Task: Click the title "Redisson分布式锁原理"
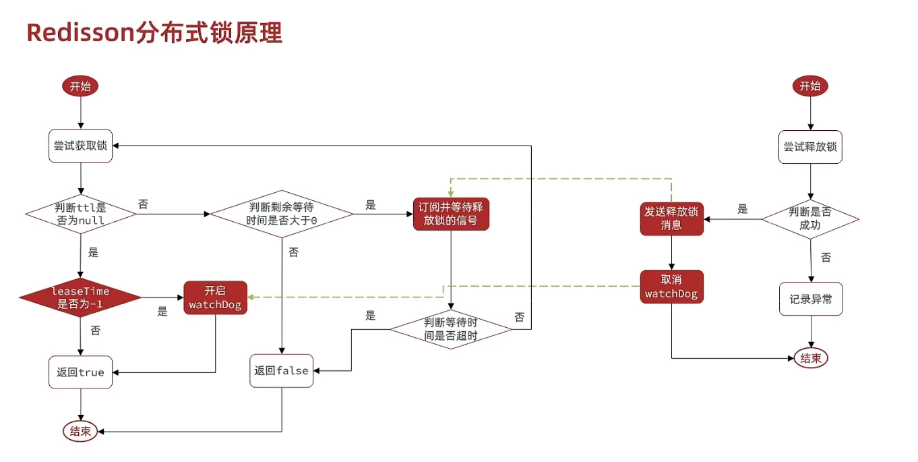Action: tap(154, 32)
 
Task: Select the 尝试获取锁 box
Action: tap(81, 146)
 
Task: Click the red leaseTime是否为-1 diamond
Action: tap(80, 297)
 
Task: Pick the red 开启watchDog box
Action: tap(216, 298)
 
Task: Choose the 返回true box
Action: tap(81, 372)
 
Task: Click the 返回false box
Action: tap(282, 370)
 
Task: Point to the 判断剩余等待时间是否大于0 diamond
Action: tap(282, 214)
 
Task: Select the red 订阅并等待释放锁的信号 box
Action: tap(451, 213)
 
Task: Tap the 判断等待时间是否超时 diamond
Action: tap(451, 328)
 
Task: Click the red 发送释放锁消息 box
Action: tap(672, 219)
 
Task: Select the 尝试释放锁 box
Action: tap(810, 146)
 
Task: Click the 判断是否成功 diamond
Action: tap(810, 219)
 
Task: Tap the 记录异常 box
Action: tap(811, 299)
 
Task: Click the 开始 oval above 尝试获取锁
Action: tap(81, 86)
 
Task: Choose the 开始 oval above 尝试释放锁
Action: tap(810, 86)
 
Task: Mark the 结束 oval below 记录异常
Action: tap(811, 358)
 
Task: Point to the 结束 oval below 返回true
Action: tap(81, 432)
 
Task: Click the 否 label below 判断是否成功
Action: tap(826, 258)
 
